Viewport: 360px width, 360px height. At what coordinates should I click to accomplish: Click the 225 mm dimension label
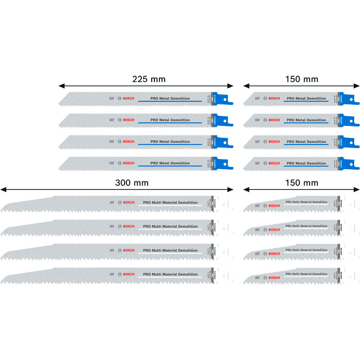[148, 80]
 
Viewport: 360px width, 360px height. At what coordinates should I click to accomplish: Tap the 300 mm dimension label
[131, 183]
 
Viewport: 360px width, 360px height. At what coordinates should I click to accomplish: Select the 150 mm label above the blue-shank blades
[301, 80]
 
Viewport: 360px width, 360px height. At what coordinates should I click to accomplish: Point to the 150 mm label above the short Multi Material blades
[301, 183]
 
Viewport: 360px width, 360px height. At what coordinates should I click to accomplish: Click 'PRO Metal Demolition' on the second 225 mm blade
[170, 120]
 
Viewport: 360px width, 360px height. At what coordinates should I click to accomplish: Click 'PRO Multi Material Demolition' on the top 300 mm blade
[170, 202]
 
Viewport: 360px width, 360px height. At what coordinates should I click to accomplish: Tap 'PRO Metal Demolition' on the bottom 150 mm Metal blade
[306, 163]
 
